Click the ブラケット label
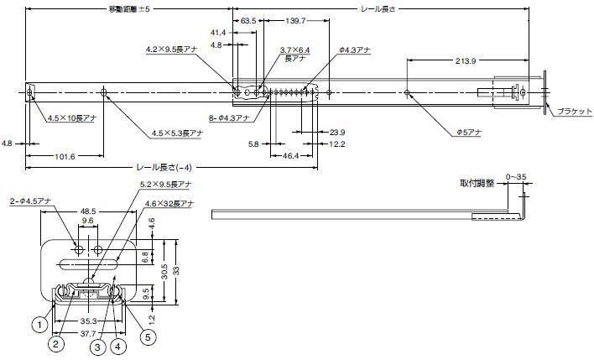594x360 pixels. tap(571, 112)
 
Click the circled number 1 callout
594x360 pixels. tap(39, 321)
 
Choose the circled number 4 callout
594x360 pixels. tap(118, 343)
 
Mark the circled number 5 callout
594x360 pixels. tap(148, 337)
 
